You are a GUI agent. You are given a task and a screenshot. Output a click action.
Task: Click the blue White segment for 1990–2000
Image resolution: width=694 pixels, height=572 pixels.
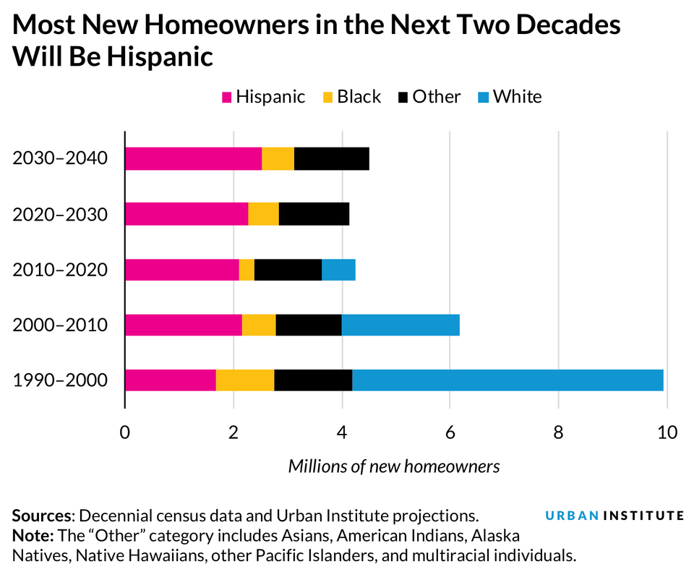click(507, 380)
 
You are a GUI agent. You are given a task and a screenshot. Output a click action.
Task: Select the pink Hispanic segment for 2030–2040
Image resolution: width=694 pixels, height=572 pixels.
click(193, 158)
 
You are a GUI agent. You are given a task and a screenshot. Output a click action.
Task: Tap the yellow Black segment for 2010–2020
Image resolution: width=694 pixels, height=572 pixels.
click(247, 270)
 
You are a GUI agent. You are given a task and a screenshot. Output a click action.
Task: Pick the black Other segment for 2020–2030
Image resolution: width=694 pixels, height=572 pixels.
click(314, 214)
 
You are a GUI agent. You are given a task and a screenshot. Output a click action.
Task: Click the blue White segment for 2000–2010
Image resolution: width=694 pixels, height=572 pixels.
click(400, 325)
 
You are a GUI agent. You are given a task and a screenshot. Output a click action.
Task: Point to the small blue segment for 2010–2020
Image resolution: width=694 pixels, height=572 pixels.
click(338, 270)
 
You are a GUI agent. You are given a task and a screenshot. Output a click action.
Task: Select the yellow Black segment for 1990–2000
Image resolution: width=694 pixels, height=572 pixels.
click(244, 380)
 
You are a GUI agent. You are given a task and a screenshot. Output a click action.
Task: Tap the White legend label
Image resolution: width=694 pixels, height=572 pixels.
click(517, 97)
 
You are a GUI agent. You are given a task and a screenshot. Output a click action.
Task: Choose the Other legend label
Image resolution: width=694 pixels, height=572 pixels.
click(436, 97)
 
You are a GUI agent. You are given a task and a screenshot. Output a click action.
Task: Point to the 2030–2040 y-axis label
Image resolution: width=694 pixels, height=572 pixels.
click(60, 158)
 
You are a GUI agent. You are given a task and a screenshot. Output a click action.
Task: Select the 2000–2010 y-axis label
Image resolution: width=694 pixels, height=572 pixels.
click(60, 325)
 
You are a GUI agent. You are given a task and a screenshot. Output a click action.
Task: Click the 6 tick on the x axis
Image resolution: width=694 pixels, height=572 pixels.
click(450, 433)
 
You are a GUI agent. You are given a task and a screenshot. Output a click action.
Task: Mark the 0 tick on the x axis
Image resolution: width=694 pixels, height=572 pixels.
click(125, 433)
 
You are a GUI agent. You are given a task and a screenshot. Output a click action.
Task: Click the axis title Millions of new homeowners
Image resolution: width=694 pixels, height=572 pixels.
click(394, 466)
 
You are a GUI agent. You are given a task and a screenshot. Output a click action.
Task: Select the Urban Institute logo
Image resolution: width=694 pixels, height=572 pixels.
click(614, 516)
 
